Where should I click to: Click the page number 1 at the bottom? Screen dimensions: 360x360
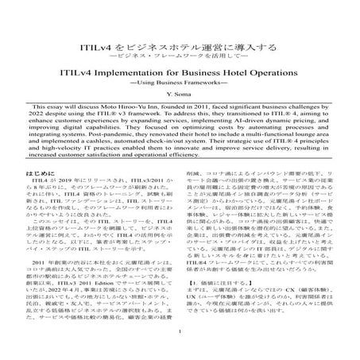click(x=180, y=354)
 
